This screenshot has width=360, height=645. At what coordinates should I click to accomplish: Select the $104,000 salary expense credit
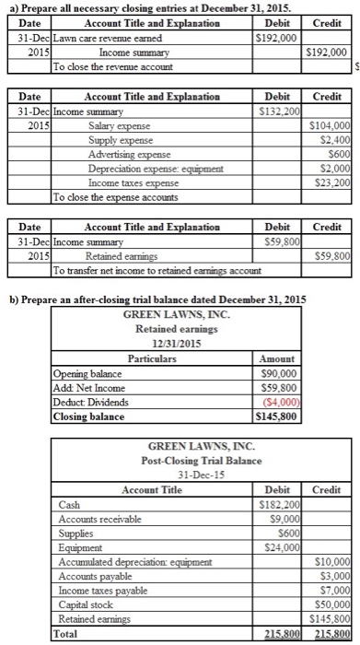332,124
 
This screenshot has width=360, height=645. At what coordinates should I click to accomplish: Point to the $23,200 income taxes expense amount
332,183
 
